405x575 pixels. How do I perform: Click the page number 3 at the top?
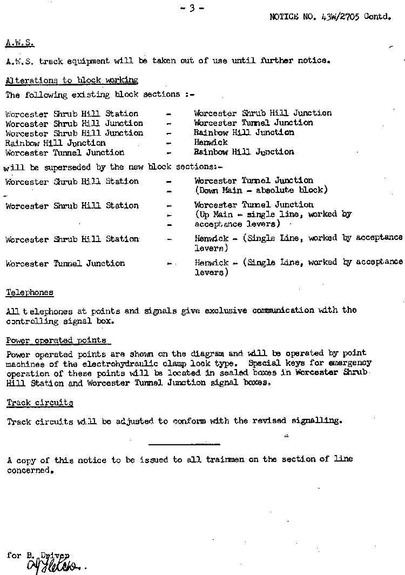pyautogui.click(x=192, y=8)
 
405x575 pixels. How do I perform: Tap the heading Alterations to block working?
pyautogui.click(x=72, y=80)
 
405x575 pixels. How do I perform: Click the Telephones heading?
pyautogui.click(x=30, y=292)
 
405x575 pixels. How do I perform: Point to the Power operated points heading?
pyautogui.click(x=56, y=340)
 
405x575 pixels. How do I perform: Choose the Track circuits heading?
pyautogui.click(x=40, y=403)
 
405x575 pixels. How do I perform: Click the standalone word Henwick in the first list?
pyautogui.click(x=211, y=143)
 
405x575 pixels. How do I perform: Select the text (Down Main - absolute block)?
pyautogui.click(x=261, y=190)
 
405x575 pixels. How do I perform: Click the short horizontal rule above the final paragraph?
pyautogui.click(x=184, y=444)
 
